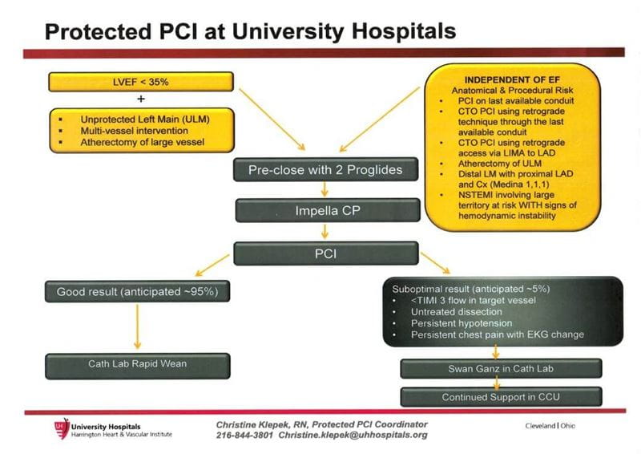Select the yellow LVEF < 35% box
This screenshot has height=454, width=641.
[141, 82]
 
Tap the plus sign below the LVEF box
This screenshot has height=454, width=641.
[141, 100]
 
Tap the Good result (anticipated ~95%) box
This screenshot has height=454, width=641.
[137, 292]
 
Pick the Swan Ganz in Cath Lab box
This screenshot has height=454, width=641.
[500, 369]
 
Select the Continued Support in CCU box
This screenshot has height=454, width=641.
[500, 396]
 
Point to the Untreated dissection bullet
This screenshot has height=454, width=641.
[457, 310]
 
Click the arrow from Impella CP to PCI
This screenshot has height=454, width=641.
[324, 232]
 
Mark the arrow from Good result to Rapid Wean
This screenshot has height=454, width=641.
[138, 327]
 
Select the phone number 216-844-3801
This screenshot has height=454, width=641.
[244, 435]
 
